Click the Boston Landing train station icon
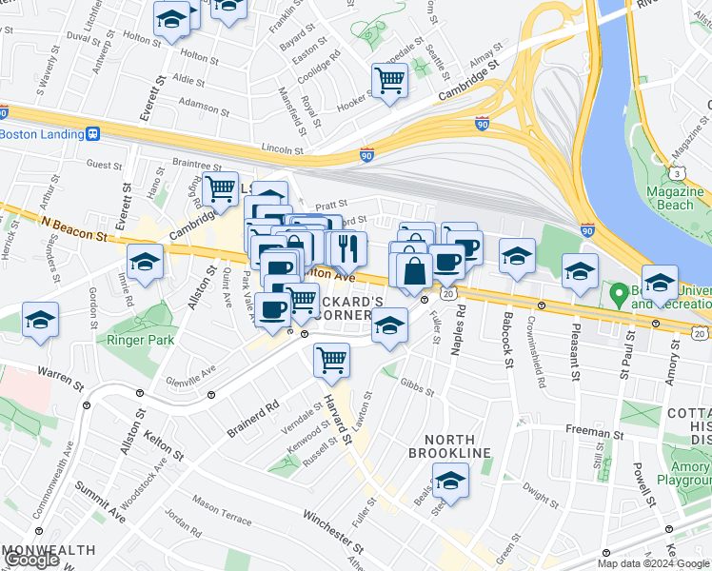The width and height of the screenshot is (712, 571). (93, 134)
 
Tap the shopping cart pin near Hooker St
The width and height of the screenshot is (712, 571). (389, 81)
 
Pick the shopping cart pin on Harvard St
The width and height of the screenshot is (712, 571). (330, 361)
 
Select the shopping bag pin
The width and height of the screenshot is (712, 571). (414, 271)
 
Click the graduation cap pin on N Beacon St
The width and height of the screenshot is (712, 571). (145, 263)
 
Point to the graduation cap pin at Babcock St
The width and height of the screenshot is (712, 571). (517, 256)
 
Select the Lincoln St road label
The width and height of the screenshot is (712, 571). (283, 150)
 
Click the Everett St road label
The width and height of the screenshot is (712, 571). (148, 102)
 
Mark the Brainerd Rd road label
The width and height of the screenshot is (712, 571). (252, 418)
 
